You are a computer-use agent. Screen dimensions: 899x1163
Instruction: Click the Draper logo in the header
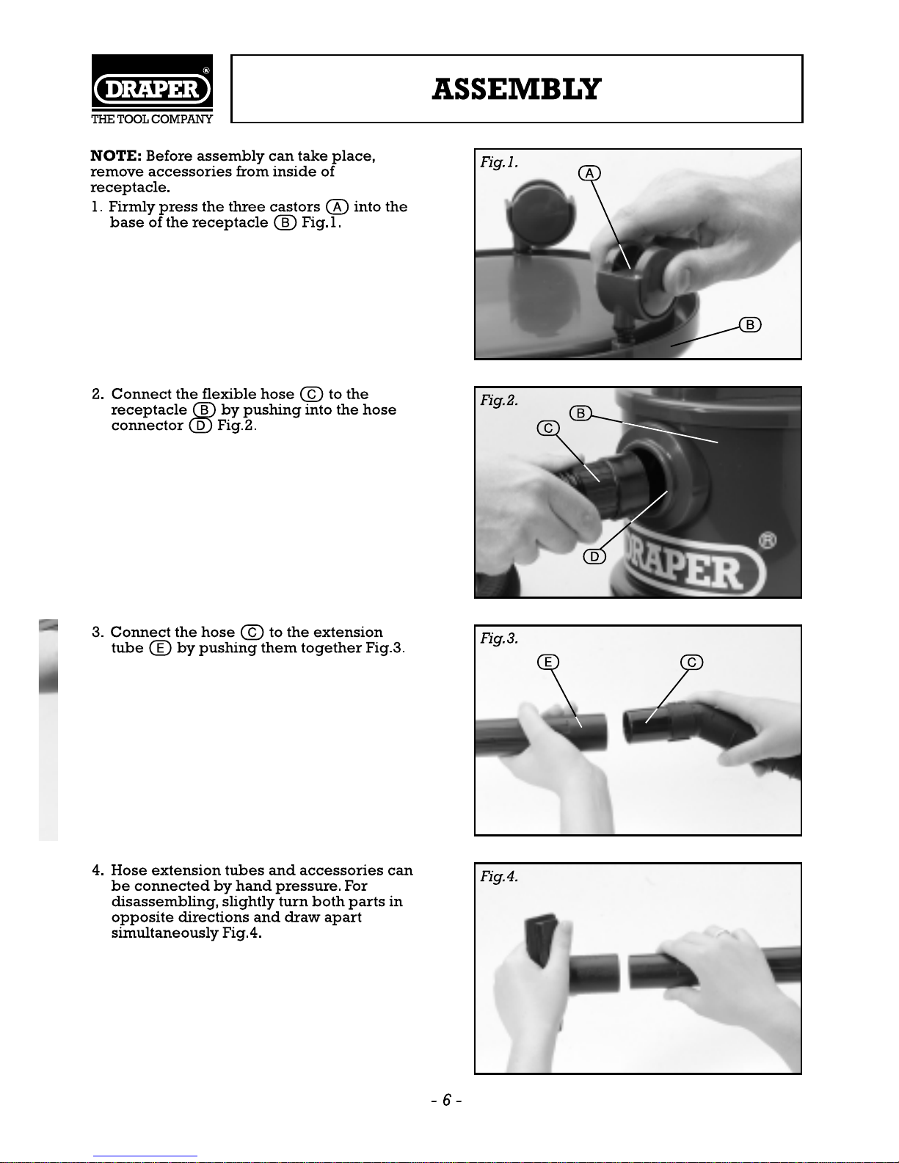[x=152, y=89]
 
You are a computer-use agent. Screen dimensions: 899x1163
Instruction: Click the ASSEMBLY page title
[x=517, y=89]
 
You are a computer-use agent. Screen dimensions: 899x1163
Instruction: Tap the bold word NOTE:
[x=116, y=156]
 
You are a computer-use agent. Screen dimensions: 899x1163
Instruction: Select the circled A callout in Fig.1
[x=590, y=173]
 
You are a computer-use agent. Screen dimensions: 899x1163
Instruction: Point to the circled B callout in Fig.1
[x=750, y=324]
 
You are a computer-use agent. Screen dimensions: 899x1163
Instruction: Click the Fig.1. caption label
[x=499, y=162]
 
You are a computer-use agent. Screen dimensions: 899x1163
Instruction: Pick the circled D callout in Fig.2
[x=594, y=557]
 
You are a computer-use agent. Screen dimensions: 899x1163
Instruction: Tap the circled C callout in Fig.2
[x=548, y=429]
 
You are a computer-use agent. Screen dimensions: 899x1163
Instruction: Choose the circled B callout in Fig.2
[x=580, y=413]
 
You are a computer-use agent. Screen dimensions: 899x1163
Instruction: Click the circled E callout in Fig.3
[x=548, y=662]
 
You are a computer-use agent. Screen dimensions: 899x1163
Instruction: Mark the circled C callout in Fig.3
[x=692, y=662]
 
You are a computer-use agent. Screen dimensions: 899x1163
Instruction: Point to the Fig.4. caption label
[x=499, y=877]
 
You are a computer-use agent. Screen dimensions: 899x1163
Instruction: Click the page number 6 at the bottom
[x=447, y=1100]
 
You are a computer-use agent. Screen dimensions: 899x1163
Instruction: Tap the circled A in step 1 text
[x=337, y=207]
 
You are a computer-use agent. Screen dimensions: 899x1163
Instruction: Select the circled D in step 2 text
[x=200, y=426]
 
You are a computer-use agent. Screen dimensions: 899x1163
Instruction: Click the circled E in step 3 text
[x=160, y=648]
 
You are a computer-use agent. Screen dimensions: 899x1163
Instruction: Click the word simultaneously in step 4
[x=165, y=933]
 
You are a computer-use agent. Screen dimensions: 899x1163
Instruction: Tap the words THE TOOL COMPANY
[x=152, y=119]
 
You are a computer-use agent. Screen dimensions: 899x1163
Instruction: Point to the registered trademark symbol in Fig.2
[x=768, y=541]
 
